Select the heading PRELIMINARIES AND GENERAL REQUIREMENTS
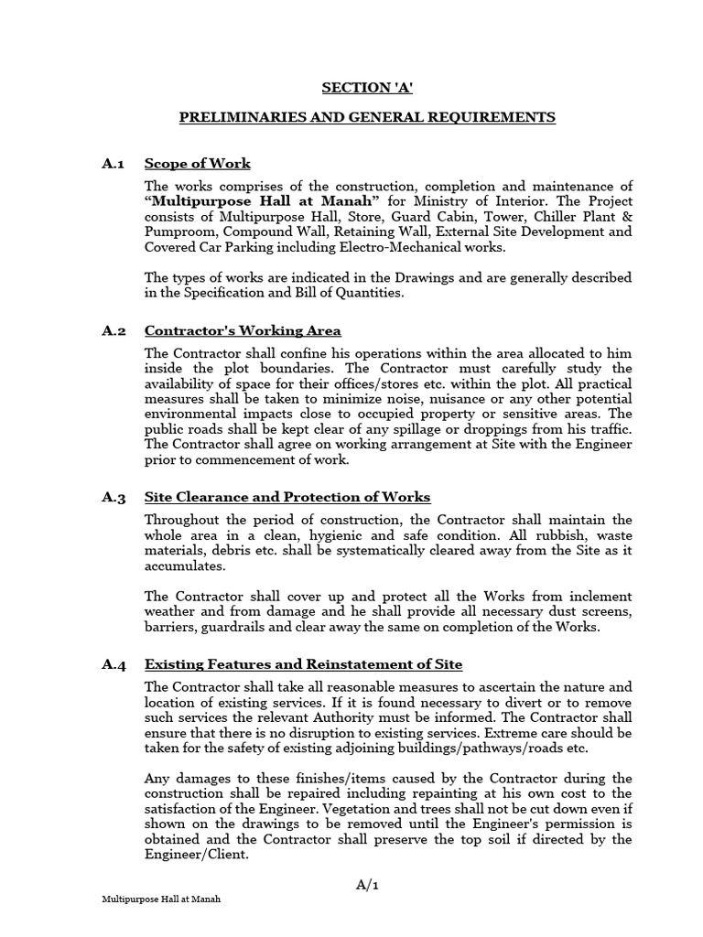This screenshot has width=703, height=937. pyautogui.click(x=366, y=118)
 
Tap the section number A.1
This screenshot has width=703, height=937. pyautogui.click(x=114, y=164)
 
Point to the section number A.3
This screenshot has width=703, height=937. pyautogui.click(x=114, y=498)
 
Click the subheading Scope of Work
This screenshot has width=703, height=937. pyautogui.click(x=198, y=164)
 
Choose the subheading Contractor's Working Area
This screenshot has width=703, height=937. pyautogui.click(x=243, y=330)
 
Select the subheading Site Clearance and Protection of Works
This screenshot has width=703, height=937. pyautogui.click(x=287, y=498)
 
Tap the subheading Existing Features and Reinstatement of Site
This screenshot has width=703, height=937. pyautogui.click(x=303, y=664)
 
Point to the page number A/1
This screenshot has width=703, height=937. pyautogui.click(x=366, y=885)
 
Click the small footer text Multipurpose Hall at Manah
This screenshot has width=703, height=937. pyautogui.click(x=161, y=899)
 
